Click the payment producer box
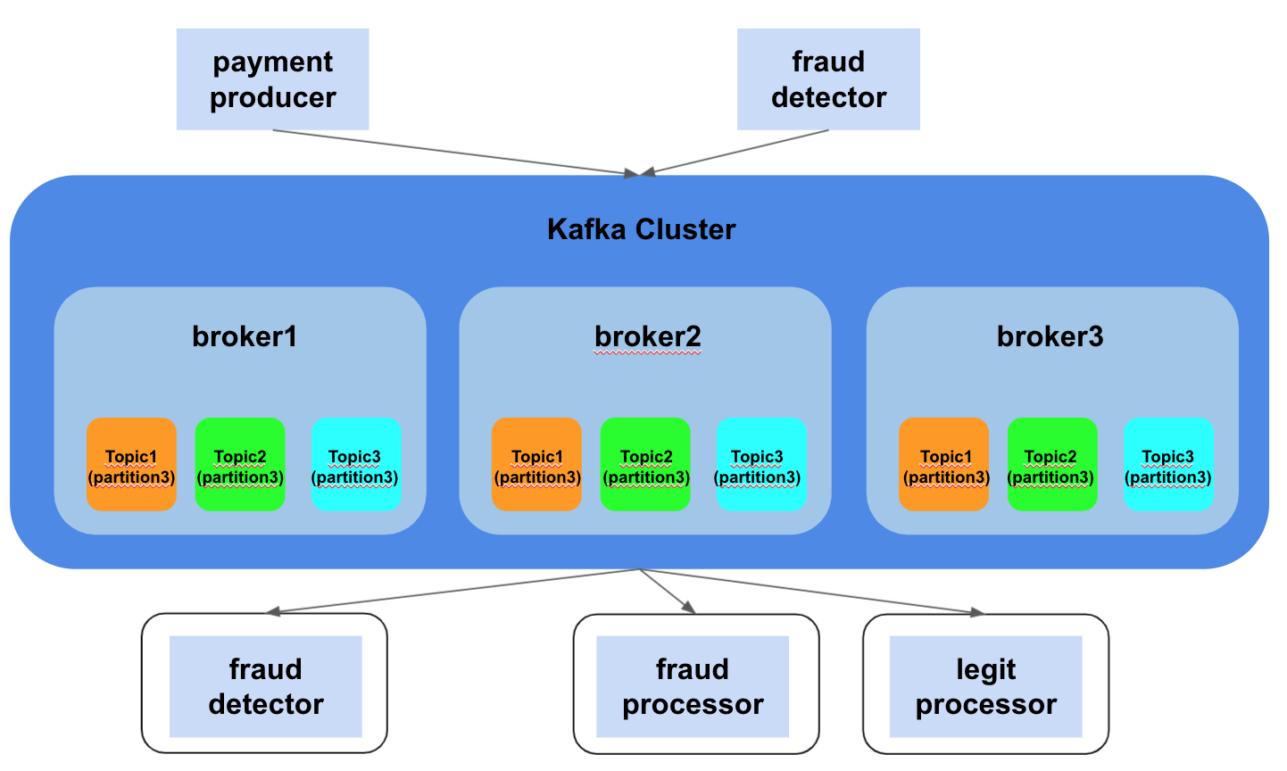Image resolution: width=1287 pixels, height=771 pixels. pyautogui.click(x=272, y=79)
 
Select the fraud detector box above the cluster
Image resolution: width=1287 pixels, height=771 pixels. pyautogui.click(x=828, y=79)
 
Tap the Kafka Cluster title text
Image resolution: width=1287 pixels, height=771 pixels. pyautogui.click(x=641, y=229)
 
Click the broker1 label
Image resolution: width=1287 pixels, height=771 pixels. pyautogui.click(x=245, y=336)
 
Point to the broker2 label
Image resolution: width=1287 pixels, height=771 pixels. pyautogui.click(x=648, y=336)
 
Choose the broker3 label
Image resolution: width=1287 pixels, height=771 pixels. pyautogui.click(x=1050, y=336)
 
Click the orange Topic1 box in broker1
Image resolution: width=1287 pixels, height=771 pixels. pyautogui.click(x=131, y=464)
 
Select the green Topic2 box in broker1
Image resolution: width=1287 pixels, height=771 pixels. pyautogui.click(x=240, y=464)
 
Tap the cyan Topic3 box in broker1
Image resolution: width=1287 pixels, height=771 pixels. pyautogui.click(x=356, y=464)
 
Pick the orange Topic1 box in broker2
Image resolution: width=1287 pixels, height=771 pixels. pyautogui.click(x=536, y=464)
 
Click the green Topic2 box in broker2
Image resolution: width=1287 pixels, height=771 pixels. pyautogui.click(x=645, y=464)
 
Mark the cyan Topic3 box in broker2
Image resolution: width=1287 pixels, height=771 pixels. pyautogui.click(x=761, y=464)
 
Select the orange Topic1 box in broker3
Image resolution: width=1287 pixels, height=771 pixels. pyautogui.click(x=943, y=464)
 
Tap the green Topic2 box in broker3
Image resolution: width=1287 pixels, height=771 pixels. pyautogui.click(x=1052, y=464)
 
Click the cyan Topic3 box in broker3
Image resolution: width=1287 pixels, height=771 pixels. pyautogui.click(x=1168, y=464)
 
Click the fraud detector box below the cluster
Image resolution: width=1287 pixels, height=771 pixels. pyautogui.click(x=265, y=685)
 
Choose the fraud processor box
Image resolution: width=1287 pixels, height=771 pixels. pyautogui.click(x=693, y=685)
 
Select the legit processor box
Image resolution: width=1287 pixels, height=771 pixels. pyautogui.click(x=985, y=685)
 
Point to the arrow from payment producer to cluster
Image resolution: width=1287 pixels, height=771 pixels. pyautogui.click(x=455, y=153)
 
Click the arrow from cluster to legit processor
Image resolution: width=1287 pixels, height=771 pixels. pyautogui.click(x=812, y=592)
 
